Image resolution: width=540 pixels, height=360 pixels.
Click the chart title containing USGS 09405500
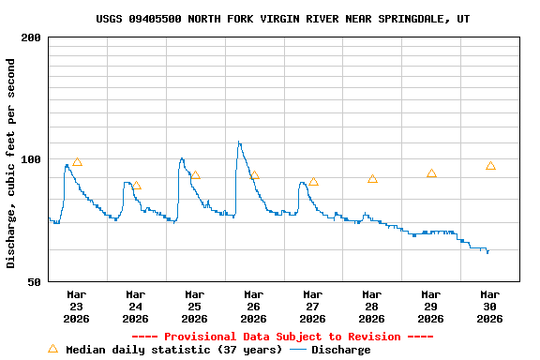(283, 19)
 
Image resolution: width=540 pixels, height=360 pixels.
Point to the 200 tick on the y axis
(31, 37)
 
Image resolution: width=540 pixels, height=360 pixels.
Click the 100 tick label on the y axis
(31, 159)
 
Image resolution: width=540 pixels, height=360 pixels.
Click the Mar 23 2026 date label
(77, 307)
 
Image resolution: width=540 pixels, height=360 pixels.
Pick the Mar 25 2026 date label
(195, 307)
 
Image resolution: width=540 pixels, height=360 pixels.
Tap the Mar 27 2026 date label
(313, 307)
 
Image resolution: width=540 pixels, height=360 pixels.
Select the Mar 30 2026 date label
(489, 307)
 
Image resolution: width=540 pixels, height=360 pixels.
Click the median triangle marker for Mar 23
(77, 162)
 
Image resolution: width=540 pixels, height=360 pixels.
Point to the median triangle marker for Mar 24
(136, 186)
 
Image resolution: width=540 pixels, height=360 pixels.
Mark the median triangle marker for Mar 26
(254, 175)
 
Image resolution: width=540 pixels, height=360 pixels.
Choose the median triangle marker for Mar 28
(372, 179)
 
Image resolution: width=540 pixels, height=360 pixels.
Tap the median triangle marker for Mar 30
(490, 166)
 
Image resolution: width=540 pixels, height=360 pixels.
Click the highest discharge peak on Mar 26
(238, 142)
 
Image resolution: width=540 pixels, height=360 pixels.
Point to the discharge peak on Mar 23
(67, 165)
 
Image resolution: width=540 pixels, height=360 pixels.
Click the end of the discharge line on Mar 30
(487, 252)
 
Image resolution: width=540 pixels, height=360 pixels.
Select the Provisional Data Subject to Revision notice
(282, 337)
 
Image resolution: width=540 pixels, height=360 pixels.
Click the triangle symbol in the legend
(52, 349)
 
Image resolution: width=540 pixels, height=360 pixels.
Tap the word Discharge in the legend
(340, 350)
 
